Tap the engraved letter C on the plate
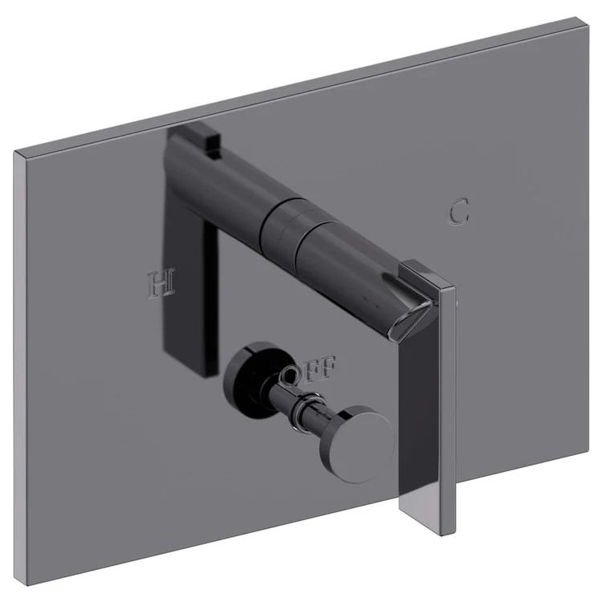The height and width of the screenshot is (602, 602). click(458, 212)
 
